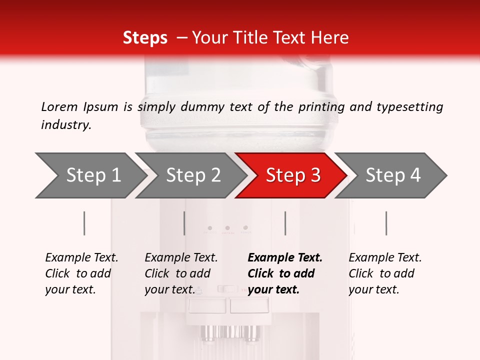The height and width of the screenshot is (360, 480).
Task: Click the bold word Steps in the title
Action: click(145, 38)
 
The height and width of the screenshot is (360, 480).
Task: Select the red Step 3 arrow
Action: click(291, 175)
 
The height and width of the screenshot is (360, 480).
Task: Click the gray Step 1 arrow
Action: click(91, 175)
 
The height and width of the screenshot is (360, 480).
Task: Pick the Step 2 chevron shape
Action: click(191, 175)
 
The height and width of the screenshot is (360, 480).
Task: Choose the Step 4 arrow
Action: click(390, 175)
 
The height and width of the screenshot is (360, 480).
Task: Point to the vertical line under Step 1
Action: click(84, 223)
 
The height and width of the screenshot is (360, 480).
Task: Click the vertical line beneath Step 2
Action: click(184, 223)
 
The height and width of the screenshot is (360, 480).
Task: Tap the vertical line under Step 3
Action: click(285, 223)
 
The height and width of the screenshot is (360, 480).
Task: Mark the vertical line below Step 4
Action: click(386, 223)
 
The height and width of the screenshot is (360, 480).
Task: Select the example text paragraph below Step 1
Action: click(81, 273)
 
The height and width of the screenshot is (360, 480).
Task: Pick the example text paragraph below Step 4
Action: click(385, 273)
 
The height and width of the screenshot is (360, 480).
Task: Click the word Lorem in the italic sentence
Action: click(59, 107)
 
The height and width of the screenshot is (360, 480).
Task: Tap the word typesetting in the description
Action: click(410, 107)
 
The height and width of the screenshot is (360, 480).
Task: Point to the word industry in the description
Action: click(66, 125)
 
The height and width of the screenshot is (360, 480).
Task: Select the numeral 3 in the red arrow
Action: click(316, 175)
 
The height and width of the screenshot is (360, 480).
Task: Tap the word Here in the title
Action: click(329, 37)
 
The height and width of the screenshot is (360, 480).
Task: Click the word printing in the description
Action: click(321, 107)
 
